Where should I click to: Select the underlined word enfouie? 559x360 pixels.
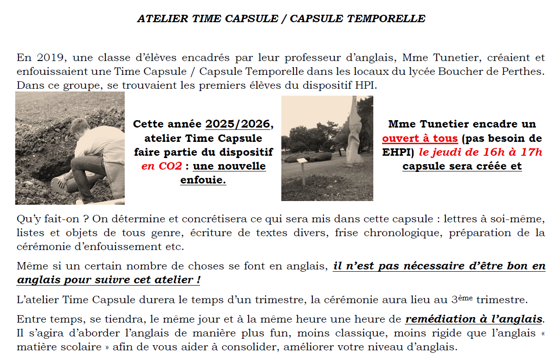(203, 180)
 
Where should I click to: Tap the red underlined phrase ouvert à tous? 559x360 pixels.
(420, 138)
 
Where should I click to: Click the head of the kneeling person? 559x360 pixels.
(80, 126)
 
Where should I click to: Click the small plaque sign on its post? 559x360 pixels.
(302, 161)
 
